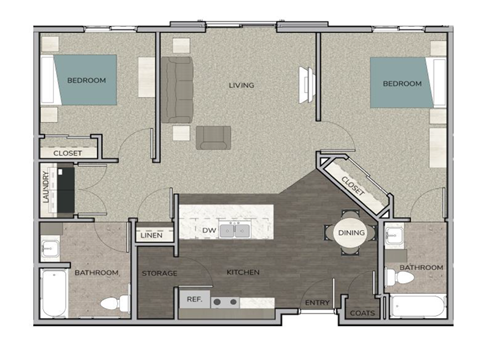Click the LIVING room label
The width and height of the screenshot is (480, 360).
pyautogui.click(x=241, y=85)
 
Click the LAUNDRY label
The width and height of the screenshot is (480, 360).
pyautogui.click(x=46, y=189)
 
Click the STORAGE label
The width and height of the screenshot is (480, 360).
pyautogui.click(x=159, y=273)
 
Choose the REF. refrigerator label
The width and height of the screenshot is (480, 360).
pyautogui.click(x=193, y=298)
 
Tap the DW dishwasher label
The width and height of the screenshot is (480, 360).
pyautogui.click(x=209, y=231)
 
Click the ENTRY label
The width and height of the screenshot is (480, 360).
pyautogui.click(x=317, y=302)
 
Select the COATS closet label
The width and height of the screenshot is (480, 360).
pyautogui.click(x=361, y=312)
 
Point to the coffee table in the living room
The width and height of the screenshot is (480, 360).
pyautogui.click(x=213, y=137)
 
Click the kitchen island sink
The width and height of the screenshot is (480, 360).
pyautogui.click(x=235, y=231)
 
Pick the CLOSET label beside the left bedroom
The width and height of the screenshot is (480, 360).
pyautogui.click(x=68, y=153)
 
